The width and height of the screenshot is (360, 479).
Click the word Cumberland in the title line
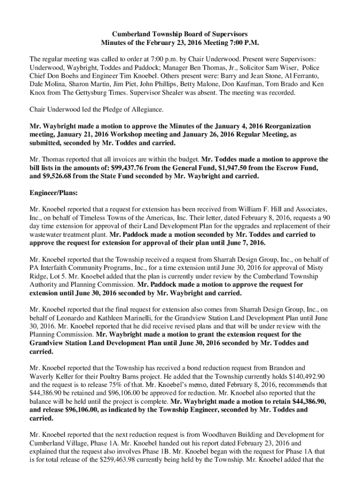coord(129,34)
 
